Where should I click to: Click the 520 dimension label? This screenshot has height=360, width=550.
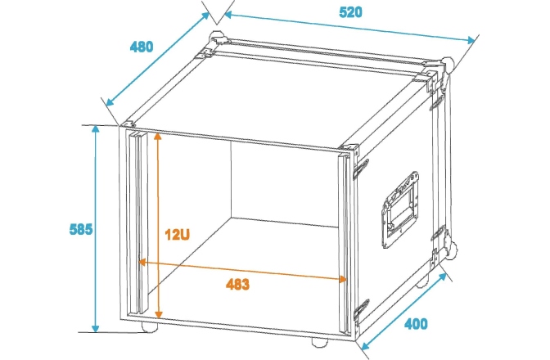(x=350, y=12)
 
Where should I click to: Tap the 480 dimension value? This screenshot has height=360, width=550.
(x=142, y=47)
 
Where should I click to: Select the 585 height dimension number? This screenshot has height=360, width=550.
(x=81, y=229)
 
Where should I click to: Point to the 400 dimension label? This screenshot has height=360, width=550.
(x=416, y=323)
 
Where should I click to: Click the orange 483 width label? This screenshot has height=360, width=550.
(x=238, y=284)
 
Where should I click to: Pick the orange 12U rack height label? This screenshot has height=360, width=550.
(x=177, y=235)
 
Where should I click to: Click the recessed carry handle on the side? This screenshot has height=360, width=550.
(x=400, y=209)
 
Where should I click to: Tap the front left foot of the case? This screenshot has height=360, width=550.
(x=150, y=326)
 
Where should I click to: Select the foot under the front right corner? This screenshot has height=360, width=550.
(x=320, y=343)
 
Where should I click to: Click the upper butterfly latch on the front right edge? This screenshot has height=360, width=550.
(x=361, y=169)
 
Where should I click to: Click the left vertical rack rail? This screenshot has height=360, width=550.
(x=137, y=223)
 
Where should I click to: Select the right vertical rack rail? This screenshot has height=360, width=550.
(x=345, y=241)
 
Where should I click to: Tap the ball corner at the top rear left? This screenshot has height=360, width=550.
(x=216, y=38)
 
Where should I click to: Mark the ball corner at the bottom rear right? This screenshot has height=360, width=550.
(x=451, y=250)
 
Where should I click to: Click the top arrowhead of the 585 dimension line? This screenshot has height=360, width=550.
(x=96, y=129)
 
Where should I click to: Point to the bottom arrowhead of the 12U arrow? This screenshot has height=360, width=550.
(x=159, y=314)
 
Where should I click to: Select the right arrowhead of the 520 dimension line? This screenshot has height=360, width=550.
(x=471, y=40)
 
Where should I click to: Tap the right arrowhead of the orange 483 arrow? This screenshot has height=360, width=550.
(x=342, y=279)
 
